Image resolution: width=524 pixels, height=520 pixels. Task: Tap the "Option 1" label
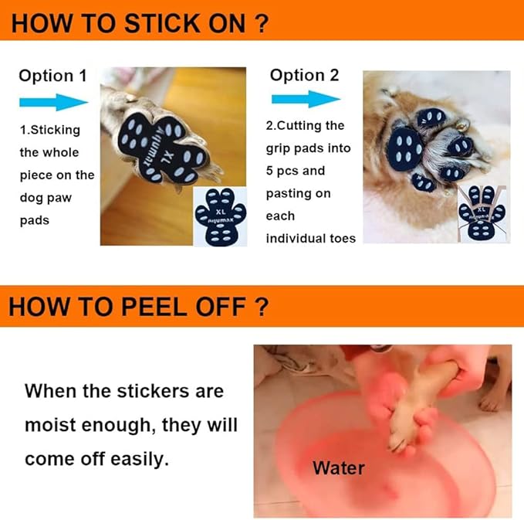tap(52, 76)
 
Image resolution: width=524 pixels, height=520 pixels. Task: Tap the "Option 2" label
tap(304, 75)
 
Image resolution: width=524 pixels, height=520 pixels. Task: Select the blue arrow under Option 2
tap(306, 99)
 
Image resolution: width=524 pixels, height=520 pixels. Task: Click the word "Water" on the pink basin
tap(338, 467)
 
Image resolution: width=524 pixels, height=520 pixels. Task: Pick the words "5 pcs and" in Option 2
tap(296, 171)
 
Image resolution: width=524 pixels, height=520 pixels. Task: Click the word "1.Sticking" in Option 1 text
tap(49, 130)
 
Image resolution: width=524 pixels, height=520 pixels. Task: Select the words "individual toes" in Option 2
tap(310, 238)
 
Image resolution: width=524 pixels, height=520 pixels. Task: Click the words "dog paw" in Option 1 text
tap(46, 197)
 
